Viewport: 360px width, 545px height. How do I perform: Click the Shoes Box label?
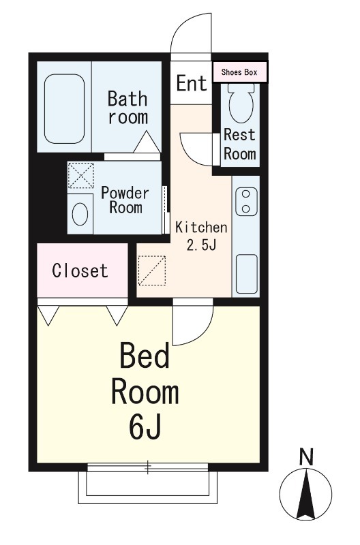tap(239, 72)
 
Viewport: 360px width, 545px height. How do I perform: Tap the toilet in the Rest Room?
tap(241, 103)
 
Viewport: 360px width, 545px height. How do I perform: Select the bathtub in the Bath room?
tap(64, 109)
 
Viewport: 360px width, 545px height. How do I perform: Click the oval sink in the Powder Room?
tap(80, 214)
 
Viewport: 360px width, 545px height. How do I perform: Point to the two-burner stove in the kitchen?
tap(246, 202)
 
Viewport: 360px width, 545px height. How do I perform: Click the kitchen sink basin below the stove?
tap(247, 275)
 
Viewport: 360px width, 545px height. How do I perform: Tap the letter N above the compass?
tap(306, 457)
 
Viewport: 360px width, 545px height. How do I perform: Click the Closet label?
tap(80, 270)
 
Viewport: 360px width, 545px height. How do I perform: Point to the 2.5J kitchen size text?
tap(202, 245)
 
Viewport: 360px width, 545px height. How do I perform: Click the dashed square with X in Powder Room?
tap(80, 176)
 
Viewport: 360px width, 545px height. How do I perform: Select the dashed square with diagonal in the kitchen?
tap(152, 270)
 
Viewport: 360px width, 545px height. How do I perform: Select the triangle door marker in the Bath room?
tap(147, 142)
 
